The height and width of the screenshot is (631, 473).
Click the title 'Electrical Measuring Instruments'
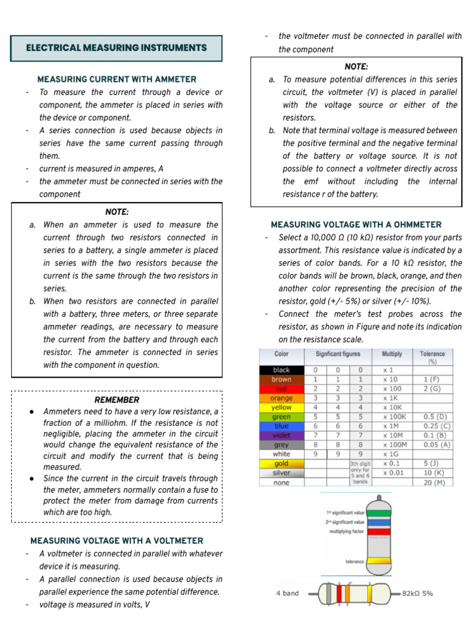tap(116, 48)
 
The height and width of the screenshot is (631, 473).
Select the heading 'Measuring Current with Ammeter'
tap(117, 79)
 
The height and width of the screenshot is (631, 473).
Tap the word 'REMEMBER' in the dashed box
tap(116, 400)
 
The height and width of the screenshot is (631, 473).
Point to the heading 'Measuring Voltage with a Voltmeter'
tap(116, 540)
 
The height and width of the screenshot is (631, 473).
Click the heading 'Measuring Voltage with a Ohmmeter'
tap(356, 225)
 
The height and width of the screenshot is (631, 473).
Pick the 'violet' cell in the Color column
tap(281, 435)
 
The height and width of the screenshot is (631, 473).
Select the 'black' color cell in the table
tap(281, 370)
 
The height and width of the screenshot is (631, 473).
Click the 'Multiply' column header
tap(392, 354)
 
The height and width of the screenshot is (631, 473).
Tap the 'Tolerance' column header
tap(432, 357)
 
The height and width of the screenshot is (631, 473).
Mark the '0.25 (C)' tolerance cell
tap(437, 426)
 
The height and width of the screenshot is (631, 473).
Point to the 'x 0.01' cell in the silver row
tap(394, 473)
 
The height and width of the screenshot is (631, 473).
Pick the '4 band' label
tap(287, 593)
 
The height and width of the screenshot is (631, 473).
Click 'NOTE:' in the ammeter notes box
tap(116, 211)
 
